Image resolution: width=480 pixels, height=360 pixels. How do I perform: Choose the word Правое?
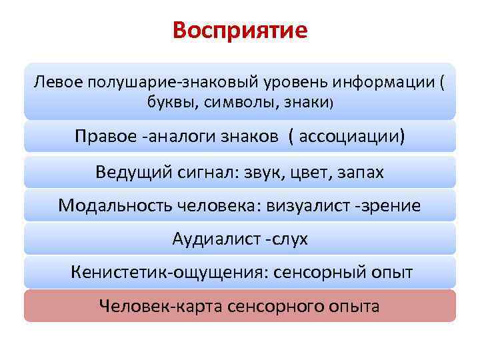pos(105,137)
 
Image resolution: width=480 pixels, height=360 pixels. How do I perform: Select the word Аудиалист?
pos(213,239)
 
